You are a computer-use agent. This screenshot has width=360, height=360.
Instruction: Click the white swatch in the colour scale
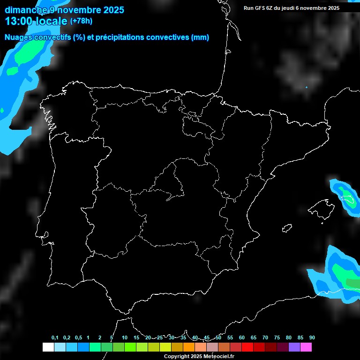pyautogui.click(x=48, y=347)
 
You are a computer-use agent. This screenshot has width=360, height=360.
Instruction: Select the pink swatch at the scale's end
pyautogui.click(x=306, y=347)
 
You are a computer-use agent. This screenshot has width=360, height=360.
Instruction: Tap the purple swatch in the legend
pyautogui.click(x=294, y=347)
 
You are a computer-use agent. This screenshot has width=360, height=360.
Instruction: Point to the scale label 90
pyautogui.click(x=312, y=338)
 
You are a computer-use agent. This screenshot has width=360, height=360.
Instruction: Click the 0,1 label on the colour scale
pyautogui.click(x=55, y=338)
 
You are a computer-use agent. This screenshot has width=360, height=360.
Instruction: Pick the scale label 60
pyautogui.click(x=242, y=338)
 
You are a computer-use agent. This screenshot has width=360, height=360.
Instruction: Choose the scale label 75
pyautogui.click(x=277, y=338)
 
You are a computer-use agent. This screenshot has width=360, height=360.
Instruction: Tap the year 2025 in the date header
pyautogui.click(x=111, y=9)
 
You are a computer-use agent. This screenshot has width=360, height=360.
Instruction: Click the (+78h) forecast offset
pyautogui.click(x=82, y=21)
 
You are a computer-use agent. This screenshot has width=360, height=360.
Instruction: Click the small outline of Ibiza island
pyautogui.click(x=287, y=228)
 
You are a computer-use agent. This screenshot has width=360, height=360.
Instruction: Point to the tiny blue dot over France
pyautogui.click(x=306, y=87)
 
